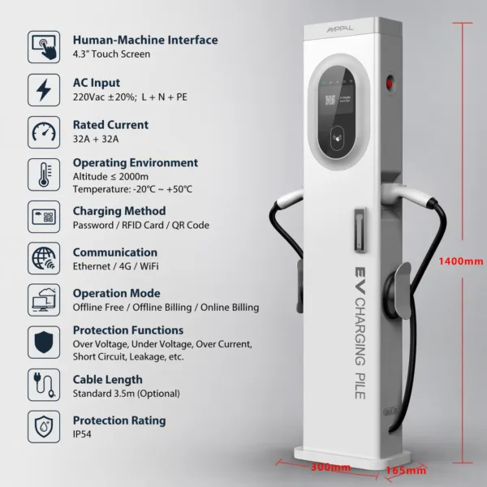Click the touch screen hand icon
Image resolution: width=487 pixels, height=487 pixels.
[x=44, y=47]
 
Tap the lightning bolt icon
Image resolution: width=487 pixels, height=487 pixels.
[x=44, y=90]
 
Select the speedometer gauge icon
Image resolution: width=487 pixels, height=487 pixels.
[x=44, y=132]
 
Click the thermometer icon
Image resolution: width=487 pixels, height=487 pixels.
[x=44, y=175]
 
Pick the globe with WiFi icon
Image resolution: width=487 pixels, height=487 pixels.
[x=44, y=258]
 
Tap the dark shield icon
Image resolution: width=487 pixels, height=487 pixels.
[x=44, y=342]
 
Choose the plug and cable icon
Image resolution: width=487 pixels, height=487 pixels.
[x=44, y=385]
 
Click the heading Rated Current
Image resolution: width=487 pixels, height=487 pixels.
[x=110, y=125]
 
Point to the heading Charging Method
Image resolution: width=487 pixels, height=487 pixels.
[x=119, y=211]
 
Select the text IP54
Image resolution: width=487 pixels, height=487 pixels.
[x=82, y=434]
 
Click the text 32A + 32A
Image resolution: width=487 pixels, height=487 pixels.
[x=96, y=139]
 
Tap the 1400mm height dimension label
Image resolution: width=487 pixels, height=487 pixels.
[x=461, y=261]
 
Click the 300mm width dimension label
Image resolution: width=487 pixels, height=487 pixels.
[x=331, y=468]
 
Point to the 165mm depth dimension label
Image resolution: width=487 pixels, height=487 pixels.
[x=406, y=471]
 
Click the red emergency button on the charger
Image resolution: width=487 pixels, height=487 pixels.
[x=389, y=84]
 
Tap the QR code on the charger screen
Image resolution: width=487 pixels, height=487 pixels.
[x=330, y=100]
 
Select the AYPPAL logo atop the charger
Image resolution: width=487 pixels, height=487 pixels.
[x=340, y=29]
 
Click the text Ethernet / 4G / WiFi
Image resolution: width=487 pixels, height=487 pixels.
[x=115, y=266]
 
